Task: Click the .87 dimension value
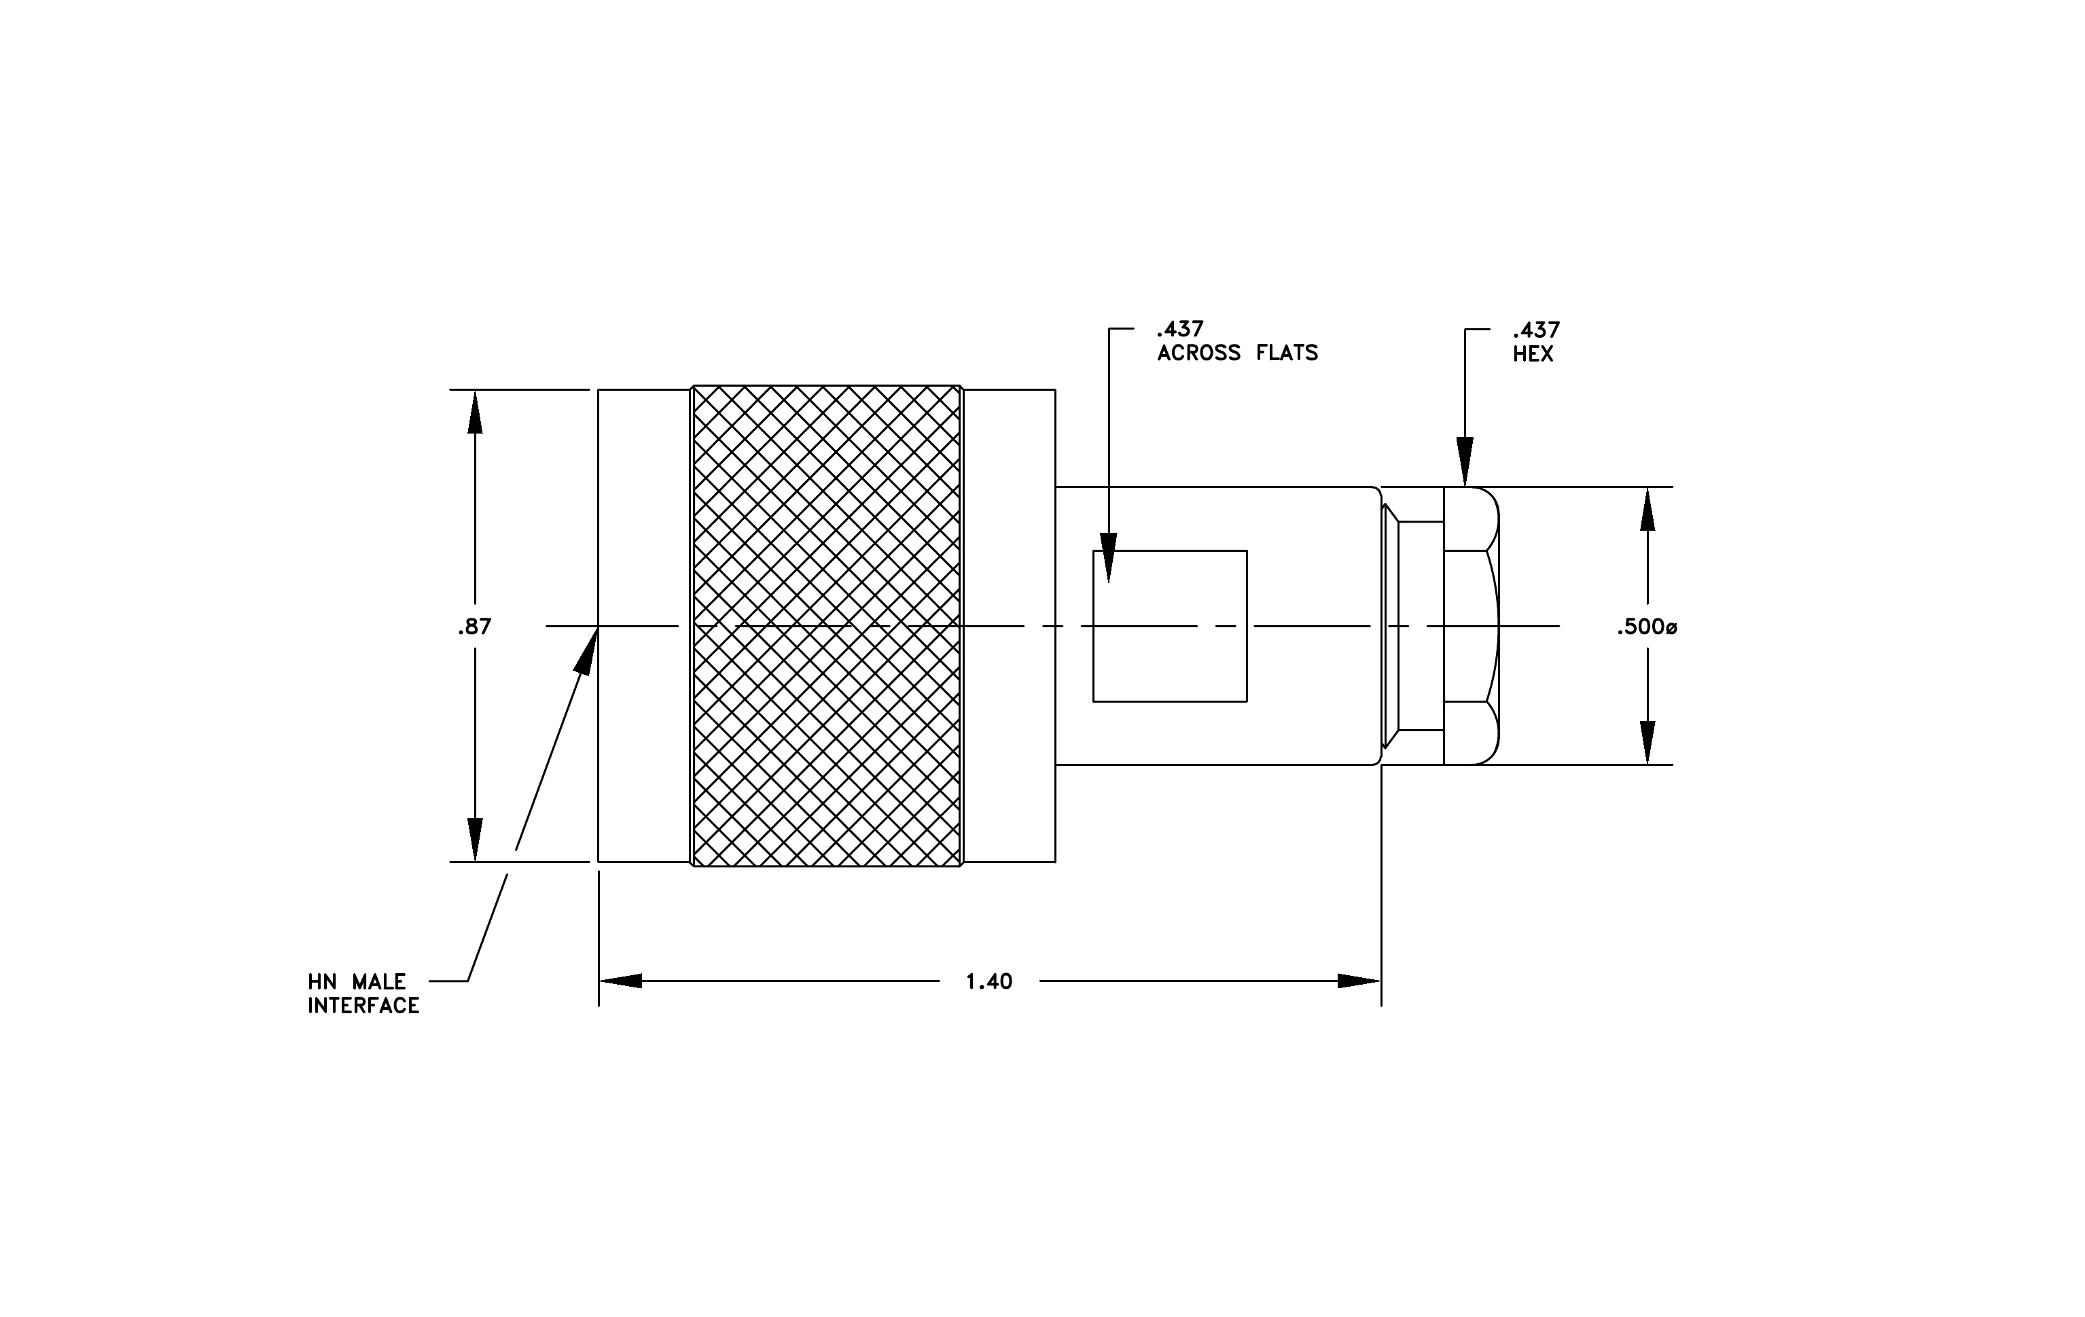click(x=474, y=627)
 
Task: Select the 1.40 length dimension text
click(x=988, y=981)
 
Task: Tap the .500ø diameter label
click(x=1647, y=627)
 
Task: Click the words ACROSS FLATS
click(x=1237, y=353)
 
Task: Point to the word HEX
click(x=1533, y=353)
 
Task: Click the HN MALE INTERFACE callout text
click(x=363, y=993)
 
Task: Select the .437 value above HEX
click(x=1536, y=330)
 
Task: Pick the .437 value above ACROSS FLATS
click(x=1180, y=329)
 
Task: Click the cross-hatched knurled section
click(x=827, y=626)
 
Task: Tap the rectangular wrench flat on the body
click(x=1170, y=626)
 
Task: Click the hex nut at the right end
click(x=1471, y=626)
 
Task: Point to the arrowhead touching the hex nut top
click(x=1465, y=461)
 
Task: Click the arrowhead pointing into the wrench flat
click(x=1108, y=558)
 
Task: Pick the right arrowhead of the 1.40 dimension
click(x=1359, y=981)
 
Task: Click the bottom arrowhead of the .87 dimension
click(x=474, y=840)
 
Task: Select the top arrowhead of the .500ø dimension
click(x=1647, y=509)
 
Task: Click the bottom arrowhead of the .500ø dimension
click(x=1647, y=743)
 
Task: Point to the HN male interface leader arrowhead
click(x=588, y=651)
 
